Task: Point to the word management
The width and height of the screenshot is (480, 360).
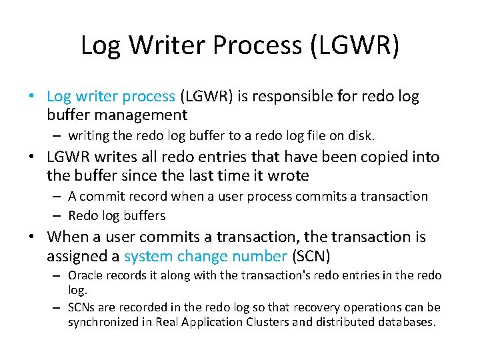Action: [x=140, y=115]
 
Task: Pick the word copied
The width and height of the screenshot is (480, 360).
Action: [x=370, y=157]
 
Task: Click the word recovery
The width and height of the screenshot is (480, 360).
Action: [x=319, y=308]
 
